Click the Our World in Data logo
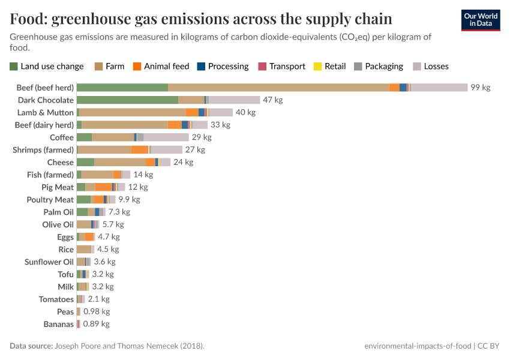click(x=480, y=20)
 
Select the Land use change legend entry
click(x=47, y=66)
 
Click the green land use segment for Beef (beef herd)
click(x=122, y=88)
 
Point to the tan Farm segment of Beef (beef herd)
click(x=278, y=88)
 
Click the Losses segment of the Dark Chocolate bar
click(x=234, y=100)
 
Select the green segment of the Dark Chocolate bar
click(x=127, y=100)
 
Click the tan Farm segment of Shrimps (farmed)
click(x=104, y=150)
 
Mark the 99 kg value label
click(x=480, y=88)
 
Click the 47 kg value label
click(x=272, y=100)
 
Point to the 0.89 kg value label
click(x=96, y=324)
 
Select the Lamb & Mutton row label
click(x=46, y=112)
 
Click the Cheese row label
click(x=61, y=162)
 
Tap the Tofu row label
click(x=65, y=274)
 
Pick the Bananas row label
click(x=58, y=324)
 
